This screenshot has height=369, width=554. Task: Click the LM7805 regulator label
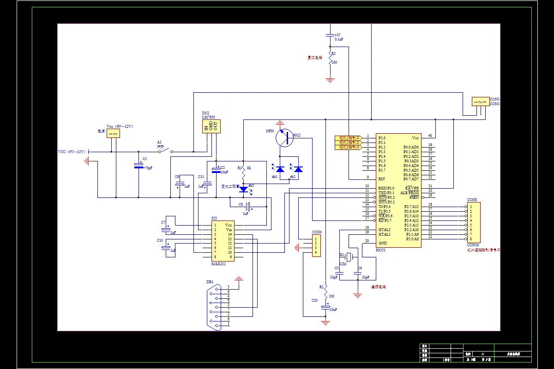coord(208,117)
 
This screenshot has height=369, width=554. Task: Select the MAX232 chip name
coord(218,263)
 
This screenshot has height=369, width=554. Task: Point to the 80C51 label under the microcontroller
coord(381,250)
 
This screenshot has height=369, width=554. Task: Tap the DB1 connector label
coord(210,282)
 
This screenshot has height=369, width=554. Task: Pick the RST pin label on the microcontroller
coord(382,179)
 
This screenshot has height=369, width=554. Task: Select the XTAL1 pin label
coord(384,234)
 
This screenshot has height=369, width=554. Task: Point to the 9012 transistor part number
coord(296,135)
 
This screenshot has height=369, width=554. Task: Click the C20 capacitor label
coord(314,300)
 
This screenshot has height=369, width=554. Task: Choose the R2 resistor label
coord(321,287)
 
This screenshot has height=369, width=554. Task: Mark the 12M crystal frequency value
coord(343,263)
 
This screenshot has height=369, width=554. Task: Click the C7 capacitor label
coord(163,222)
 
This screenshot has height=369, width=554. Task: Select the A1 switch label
coord(159,142)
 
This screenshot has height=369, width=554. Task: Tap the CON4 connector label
coord(317,232)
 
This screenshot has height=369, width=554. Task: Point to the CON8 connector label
coord(472,200)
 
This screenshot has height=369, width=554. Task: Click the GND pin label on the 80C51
coord(383,243)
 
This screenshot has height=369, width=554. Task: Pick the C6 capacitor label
coord(360,268)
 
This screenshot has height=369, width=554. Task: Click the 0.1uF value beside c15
coord(338,40)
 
